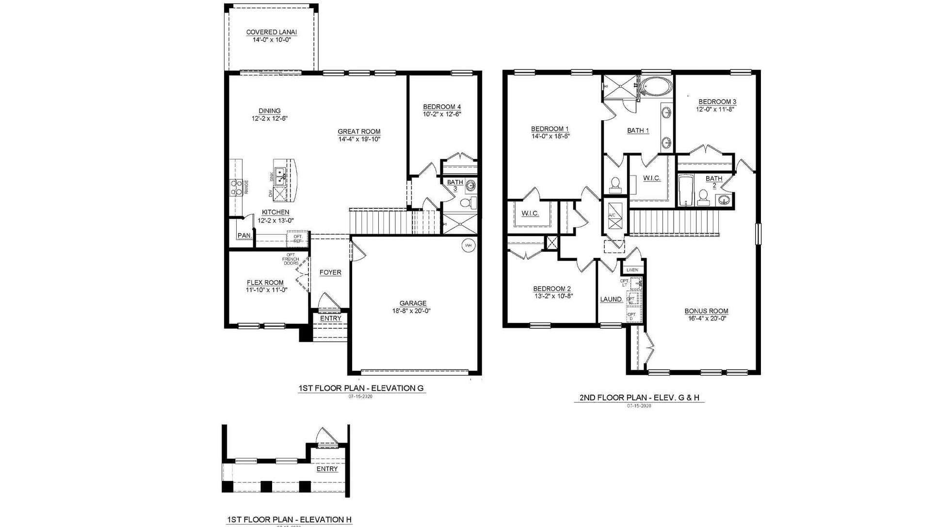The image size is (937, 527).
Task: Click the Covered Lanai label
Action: (x=271, y=32)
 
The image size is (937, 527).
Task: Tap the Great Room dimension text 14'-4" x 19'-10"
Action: (x=359, y=139)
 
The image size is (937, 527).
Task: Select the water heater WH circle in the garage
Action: (x=468, y=245)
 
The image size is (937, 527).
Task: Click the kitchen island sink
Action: (x=280, y=176)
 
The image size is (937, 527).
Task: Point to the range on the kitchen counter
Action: (x=236, y=187)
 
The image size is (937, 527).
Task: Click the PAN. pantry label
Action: (x=244, y=236)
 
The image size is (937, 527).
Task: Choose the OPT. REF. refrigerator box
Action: (x=297, y=239)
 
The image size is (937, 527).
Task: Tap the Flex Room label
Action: (x=265, y=282)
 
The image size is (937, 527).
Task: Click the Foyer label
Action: (x=330, y=272)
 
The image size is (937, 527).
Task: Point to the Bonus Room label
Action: (x=706, y=311)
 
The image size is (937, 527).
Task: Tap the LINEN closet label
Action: (x=632, y=270)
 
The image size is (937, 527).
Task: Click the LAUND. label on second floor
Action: (x=611, y=299)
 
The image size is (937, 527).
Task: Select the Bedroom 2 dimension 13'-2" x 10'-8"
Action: (x=553, y=296)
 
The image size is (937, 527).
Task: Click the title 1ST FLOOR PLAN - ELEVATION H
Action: (x=289, y=519)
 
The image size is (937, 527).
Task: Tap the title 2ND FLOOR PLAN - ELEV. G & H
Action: (x=639, y=398)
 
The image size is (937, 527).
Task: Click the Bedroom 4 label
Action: (x=442, y=107)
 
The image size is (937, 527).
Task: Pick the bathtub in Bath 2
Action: (x=686, y=191)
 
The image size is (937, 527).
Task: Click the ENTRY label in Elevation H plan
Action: (x=327, y=469)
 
